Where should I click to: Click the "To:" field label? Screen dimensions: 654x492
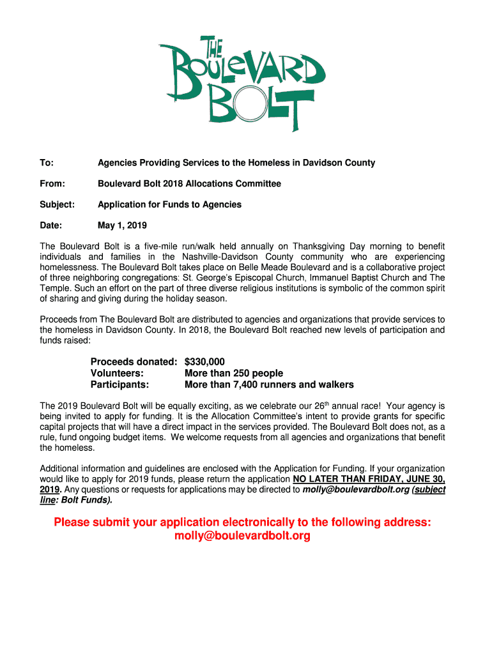[x=47, y=163]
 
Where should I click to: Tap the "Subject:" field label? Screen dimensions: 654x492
[x=58, y=204]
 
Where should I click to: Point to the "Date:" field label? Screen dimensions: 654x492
[x=51, y=225]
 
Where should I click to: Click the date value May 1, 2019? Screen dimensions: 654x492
[x=122, y=225]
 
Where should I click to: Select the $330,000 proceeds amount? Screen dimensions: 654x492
[x=204, y=361]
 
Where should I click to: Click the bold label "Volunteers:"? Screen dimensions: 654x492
[x=117, y=373]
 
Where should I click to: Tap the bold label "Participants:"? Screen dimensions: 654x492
[x=119, y=384]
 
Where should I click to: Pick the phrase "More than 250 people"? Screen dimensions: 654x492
[x=234, y=373]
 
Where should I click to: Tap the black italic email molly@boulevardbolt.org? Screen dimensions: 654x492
[x=355, y=490]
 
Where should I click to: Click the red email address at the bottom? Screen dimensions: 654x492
[x=242, y=536]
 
